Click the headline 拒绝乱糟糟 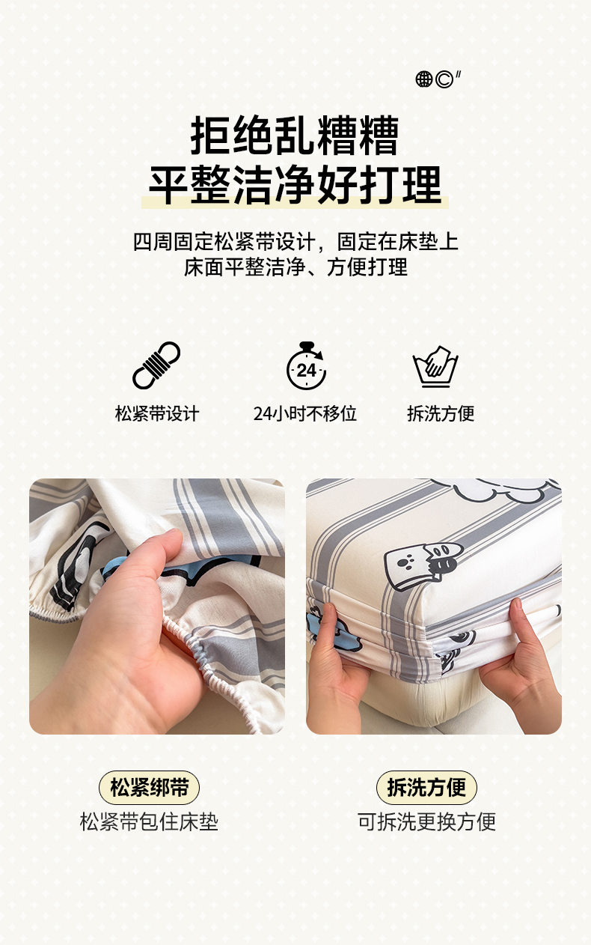click(x=295, y=136)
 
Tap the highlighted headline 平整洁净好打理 click(x=295, y=185)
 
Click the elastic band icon click(x=156, y=365)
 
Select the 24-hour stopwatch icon click(x=307, y=365)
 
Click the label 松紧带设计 click(x=157, y=413)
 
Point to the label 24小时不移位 click(x=305, y=413)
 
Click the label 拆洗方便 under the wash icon click(x=441, y=413)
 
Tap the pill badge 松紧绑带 click(x=149, y=788)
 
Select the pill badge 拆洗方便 click(x=426, y=788)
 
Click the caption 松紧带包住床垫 click(x=149, y=821)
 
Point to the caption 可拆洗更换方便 click(x=426, y=821)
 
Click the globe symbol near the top click(x=424, y=79)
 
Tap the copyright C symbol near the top click(x=444, y=79)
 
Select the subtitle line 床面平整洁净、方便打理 click(x=295, y=267)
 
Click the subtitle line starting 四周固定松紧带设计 click(x=295, y=242)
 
